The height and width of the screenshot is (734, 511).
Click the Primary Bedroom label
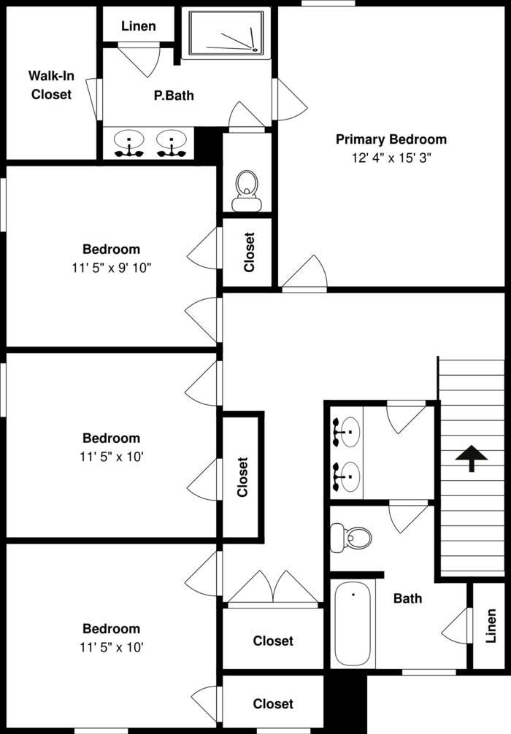[391, 139]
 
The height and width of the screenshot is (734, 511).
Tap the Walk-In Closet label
[51, 85]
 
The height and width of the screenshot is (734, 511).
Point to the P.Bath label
[174, 95]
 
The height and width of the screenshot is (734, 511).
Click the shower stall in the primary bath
[226, 34]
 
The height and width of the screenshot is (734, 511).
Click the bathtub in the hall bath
[353, 624]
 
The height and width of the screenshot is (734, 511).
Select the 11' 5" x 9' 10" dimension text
[111, 268]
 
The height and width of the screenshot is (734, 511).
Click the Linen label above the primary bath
[138, 26]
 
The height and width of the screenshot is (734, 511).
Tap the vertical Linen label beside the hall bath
[491, 625]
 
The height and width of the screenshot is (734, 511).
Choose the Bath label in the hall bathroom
[407, 599]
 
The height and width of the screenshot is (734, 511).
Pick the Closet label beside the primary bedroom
[249, 252]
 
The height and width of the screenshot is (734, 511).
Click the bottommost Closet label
[273, 704]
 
